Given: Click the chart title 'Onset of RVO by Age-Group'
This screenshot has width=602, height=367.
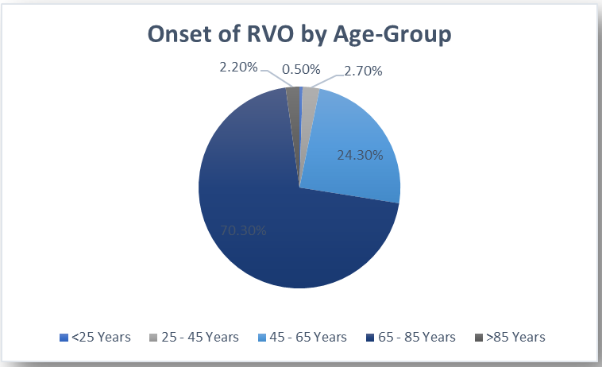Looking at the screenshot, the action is click(299, 34).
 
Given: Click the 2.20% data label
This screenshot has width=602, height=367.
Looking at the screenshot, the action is click(238, 68).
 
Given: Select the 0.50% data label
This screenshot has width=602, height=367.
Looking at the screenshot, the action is click(301, 69).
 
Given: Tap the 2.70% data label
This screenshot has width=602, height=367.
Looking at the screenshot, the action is click(363, 71).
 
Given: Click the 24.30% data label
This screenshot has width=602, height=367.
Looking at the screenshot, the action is click(360, 155).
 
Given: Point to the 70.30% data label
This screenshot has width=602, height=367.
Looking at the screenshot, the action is click(243, 230).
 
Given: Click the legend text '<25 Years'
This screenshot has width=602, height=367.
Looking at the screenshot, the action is click(101, 337).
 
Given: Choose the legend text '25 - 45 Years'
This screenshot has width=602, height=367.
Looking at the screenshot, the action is click(200, 337).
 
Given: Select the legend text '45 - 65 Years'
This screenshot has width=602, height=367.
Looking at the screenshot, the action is click(308, 337).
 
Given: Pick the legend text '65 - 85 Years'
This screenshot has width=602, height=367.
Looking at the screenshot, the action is click(417, 337).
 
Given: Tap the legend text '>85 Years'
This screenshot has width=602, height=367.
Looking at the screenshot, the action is click(515, 337).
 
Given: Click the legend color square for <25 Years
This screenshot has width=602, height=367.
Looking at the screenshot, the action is click(64, 338).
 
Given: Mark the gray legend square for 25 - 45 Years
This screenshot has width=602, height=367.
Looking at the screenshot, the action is click(153, 338).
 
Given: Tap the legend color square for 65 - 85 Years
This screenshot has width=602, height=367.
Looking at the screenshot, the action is click(370, 338).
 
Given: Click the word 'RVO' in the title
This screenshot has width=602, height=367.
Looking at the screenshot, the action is click(270, 34).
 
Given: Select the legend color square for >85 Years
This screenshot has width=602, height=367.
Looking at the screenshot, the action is click(478, 338).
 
